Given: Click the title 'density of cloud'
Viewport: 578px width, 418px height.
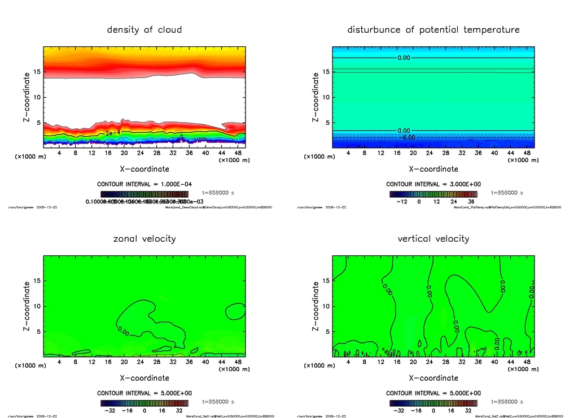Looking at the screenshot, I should pyautogui.click(x=144, y=29).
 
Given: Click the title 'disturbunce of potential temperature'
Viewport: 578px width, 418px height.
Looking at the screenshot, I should pyautogui.click(x=433, y=29).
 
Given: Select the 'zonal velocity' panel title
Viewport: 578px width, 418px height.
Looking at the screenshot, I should pyautogui.click(x=144, y=238).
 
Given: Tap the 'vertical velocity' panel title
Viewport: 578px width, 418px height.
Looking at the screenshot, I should pyautogui.click(x=433, y=238).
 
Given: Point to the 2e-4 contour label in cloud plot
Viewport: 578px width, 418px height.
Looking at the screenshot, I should pyautogui.click(x=112, y=133).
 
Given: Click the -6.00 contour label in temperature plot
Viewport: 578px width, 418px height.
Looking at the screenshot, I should pyautogui.click(x=408, y=137).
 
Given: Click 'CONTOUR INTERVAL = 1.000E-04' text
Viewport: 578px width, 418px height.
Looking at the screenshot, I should pyautogui.click(x=144, y=184).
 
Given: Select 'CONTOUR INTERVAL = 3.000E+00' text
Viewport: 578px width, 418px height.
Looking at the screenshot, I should pyautogui.click(x=433, y=184).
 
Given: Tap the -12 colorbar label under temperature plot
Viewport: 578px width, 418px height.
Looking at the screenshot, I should pyautogui.click(x=402, y=201).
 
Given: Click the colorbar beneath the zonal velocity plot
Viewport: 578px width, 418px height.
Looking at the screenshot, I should pyautogui.click(x=144, y=403).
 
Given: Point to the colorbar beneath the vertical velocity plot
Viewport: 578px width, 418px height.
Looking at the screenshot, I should pyautogui.click(x=433, y=403).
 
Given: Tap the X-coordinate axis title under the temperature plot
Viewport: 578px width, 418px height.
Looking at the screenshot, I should pyautogui.click(x=433, y=168).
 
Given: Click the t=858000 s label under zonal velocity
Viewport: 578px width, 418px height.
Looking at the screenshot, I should pyautogui.click(x=218, y=402).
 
